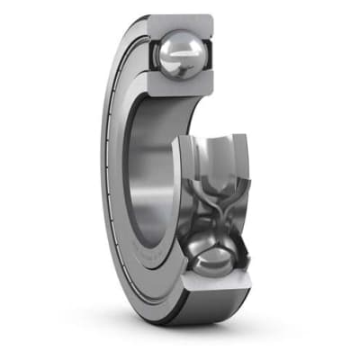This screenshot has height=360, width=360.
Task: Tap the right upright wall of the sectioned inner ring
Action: (x=240, y=171)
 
